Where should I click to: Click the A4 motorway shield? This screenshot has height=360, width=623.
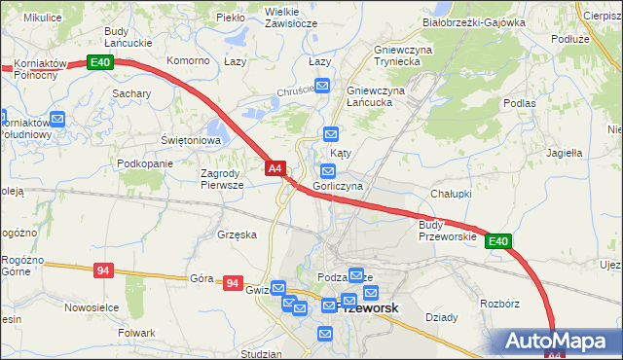coord(275,168)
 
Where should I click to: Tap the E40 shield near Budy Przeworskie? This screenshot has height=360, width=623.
coord(498,241)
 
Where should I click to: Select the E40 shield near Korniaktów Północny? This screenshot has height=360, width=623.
coord(100,62)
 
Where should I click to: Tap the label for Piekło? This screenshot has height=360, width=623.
coord(231,18)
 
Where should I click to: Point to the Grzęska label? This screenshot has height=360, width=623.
coord(238,234)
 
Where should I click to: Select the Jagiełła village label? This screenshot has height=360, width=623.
coord(564,153)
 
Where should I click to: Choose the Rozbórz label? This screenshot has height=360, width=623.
coord(500,304)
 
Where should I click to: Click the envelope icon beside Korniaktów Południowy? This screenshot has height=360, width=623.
coord(57,120)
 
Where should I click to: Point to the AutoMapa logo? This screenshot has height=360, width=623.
coord(559,342)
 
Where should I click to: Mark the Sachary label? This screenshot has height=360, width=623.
coord(130,93)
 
